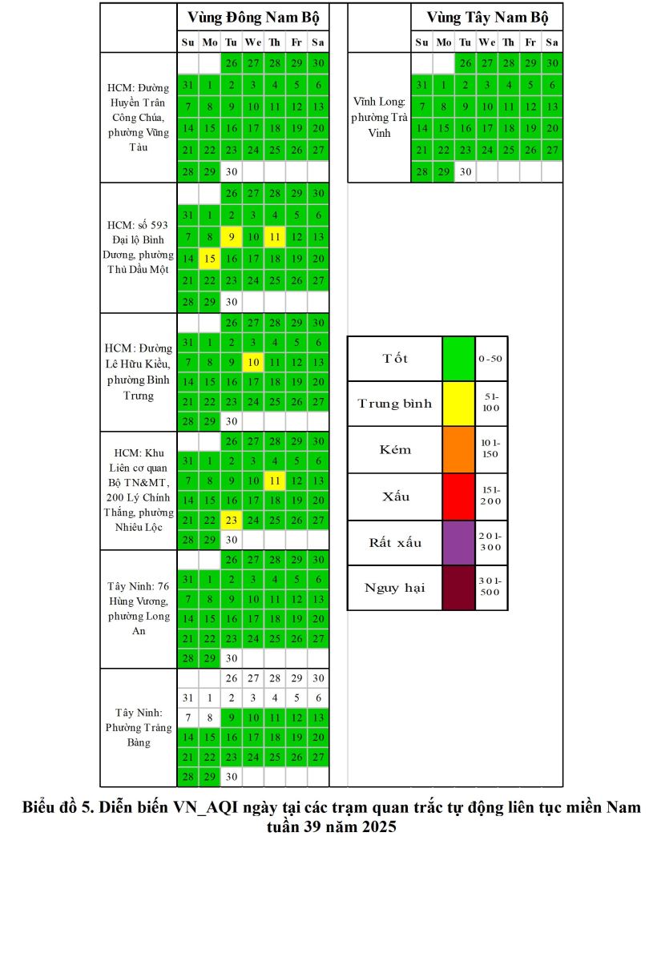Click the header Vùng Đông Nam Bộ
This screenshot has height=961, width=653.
[252, 17]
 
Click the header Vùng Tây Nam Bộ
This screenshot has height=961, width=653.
[486, 17]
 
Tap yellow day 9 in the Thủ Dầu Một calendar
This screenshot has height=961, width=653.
[232, 237]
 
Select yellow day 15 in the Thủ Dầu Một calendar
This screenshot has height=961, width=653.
[209, 259]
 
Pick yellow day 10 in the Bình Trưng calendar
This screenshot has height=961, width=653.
[253, 362]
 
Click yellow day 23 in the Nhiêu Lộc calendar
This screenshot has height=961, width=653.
[232, 520]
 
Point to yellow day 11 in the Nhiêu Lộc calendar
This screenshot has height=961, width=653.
[275, 480]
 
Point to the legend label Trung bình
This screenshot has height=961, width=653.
[394, 404]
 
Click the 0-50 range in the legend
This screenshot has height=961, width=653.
[490, 359]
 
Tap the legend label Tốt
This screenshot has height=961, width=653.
[394, 359]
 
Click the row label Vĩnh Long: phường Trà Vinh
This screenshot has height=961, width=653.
[379, 117]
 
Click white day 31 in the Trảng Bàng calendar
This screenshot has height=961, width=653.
[187, 698]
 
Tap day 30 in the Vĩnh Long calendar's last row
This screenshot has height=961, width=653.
[465, 171]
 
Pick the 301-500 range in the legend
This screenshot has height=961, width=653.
[490, 587]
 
